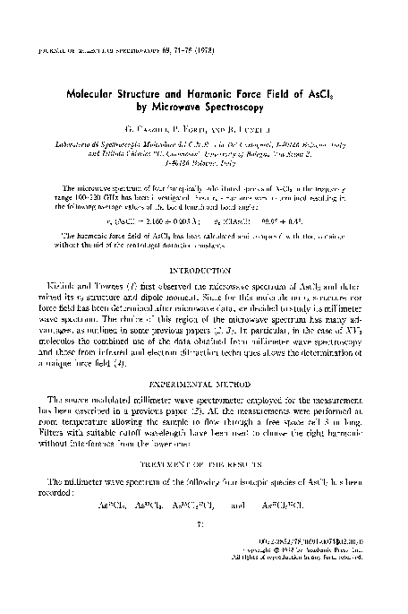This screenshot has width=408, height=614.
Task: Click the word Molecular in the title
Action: tap(97, 91)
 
